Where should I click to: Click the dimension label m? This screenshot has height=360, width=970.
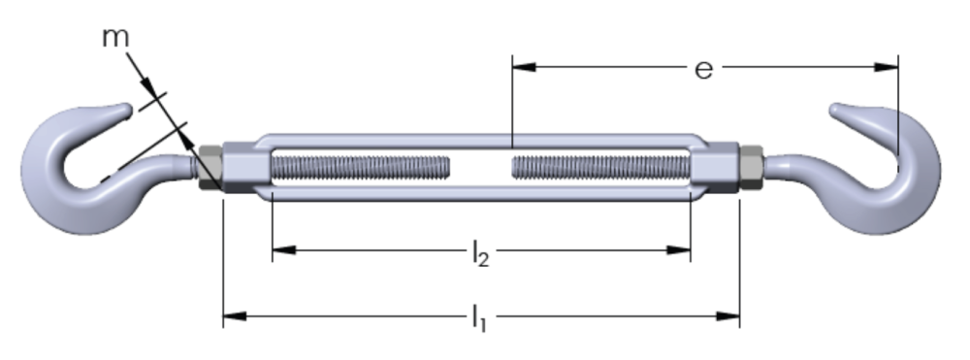115,38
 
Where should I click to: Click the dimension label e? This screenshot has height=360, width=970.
704,69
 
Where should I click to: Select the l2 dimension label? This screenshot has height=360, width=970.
480,253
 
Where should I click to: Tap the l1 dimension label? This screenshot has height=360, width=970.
479,318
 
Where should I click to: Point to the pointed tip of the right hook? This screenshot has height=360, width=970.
833,109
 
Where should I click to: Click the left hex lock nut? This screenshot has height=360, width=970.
210,168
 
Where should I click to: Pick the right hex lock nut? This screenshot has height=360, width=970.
752,168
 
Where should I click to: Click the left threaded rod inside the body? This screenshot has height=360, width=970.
360,168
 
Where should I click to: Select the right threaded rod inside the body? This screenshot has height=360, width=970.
600,168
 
